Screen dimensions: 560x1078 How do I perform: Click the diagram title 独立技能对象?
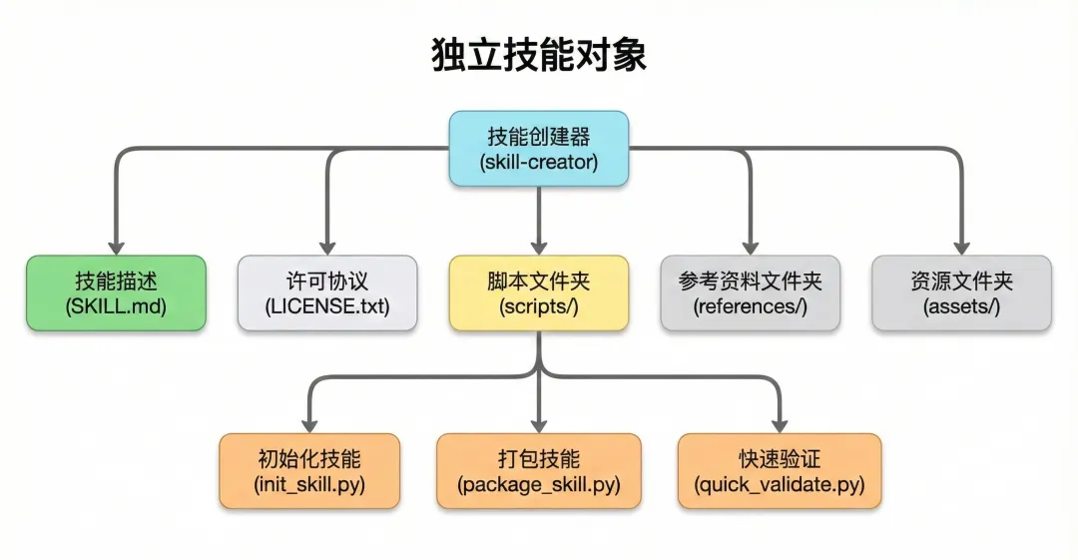(539, 56)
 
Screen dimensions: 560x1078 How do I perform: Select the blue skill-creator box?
(539, 148)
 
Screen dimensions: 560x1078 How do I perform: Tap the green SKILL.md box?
(116, 293)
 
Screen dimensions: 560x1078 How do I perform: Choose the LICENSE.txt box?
(327, 293)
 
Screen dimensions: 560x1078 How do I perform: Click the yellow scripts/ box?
(539, 293)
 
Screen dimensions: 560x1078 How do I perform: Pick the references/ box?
(751, 293)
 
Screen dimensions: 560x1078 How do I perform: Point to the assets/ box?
(961, 293)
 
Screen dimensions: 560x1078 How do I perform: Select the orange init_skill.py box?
(309, 471)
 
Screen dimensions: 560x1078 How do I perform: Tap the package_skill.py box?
(539, 471)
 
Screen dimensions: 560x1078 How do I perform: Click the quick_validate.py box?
(780, 471)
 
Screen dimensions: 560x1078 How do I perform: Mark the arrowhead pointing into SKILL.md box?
(116, 246)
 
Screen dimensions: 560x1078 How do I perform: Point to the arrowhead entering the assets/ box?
(961, 246)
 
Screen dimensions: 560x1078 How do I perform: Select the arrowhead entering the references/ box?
(751, 246)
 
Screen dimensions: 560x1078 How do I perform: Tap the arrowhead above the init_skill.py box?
(309, 423)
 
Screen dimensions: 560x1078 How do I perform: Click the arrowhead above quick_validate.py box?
(780, 423)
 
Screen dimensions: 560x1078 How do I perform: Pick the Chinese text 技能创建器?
(539, 137)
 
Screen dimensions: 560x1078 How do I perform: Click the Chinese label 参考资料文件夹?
(751, 281)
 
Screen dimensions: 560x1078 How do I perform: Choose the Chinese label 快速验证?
(780, 459)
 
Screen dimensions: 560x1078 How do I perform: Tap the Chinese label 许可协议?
(327, 281)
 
